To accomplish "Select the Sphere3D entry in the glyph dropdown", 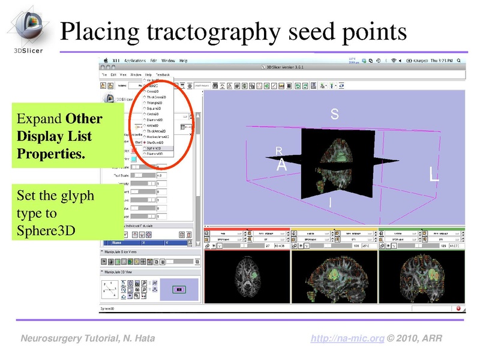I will point(154,148).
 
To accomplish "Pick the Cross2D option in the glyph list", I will point(152,91).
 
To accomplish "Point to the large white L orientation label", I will point(434,175).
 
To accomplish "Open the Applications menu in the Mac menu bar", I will point(135,61).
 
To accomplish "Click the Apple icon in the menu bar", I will point(106,61).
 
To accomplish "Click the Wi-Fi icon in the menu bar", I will point(394,61).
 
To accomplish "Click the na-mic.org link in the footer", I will point(347,339).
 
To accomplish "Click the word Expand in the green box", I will point(39,119).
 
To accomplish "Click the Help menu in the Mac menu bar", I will point(183,61).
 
